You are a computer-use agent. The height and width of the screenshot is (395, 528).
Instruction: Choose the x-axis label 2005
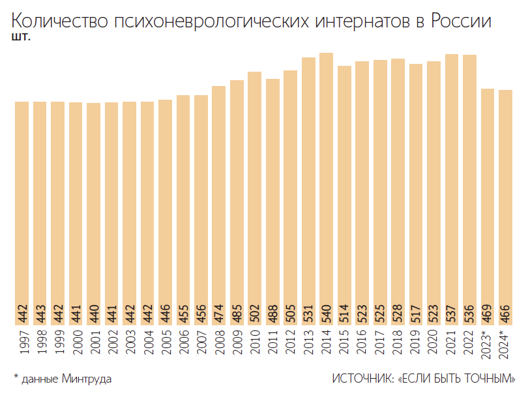point(166,342)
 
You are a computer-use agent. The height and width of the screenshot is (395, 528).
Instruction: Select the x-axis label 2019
point(416,342)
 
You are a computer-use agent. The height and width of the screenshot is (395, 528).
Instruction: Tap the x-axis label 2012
point(291,342)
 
